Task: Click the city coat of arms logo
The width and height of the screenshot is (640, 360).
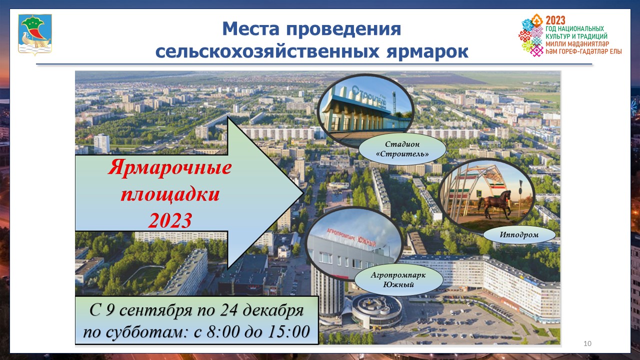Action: click(x=35, y=34)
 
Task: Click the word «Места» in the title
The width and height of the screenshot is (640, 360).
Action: click(x=250, y=29)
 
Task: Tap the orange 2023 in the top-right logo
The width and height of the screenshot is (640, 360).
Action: click(x=555, y=20)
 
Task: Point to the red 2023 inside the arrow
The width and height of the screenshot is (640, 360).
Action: click(x=170, y=220)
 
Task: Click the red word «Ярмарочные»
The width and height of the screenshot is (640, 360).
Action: click(x=169, y=167)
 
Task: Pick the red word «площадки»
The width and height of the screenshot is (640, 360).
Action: click(x=170, y=195)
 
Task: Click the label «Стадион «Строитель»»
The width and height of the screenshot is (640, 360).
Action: click(x=402, y=149)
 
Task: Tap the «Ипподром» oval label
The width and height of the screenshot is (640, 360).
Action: click(x=519, y=235)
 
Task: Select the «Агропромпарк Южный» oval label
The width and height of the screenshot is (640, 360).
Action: click(x=398, y=279)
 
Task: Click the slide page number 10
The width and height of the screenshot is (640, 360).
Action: click(x=587, y=343)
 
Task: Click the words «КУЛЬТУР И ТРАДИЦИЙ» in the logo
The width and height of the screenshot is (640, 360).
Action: click(x=576, y=36)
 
